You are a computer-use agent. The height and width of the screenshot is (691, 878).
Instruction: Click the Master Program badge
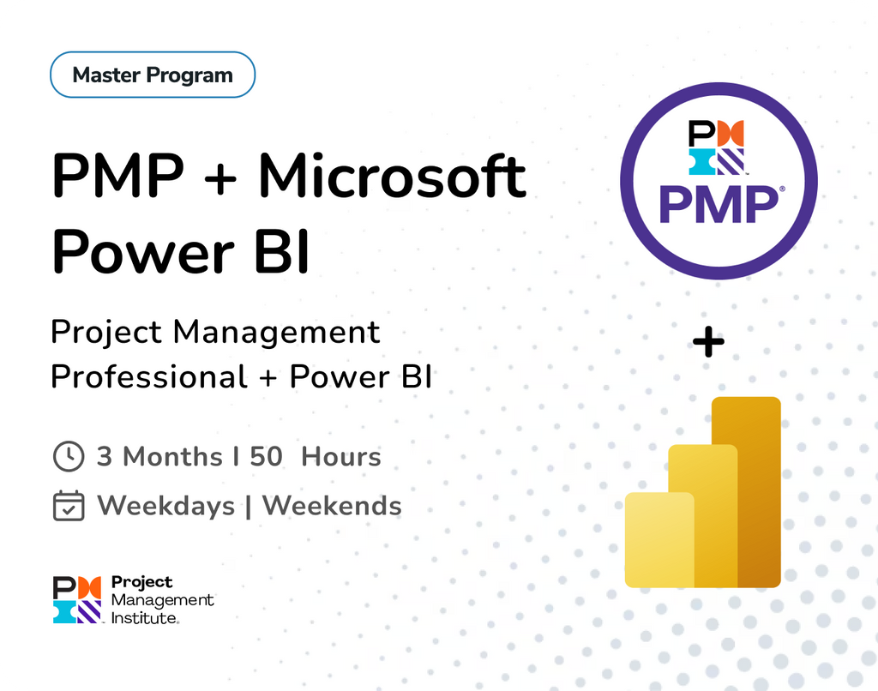(x=153, y=75)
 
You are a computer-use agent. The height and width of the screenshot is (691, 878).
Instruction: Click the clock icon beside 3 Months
(x=69, y=456)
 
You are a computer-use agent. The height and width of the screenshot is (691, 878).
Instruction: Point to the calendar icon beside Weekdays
(x=69, y=506)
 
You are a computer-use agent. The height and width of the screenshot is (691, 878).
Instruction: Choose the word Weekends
(x=332, y=506)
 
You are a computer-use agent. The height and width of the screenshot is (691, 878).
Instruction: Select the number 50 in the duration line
(x=267, y=456)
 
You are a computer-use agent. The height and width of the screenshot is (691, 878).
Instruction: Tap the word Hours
(x=341, y=456)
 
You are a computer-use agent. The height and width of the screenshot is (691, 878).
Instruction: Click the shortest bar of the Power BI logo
(x=658, y=540)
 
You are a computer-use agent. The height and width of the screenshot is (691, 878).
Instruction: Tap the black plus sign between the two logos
(x=708, y=343)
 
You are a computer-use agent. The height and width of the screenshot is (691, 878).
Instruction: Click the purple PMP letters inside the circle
(x=717, y=205)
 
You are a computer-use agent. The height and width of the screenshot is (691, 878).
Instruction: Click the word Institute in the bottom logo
(x=144, y=616)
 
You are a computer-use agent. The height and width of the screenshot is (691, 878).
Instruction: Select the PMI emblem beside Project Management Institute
(x=77, y=599)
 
